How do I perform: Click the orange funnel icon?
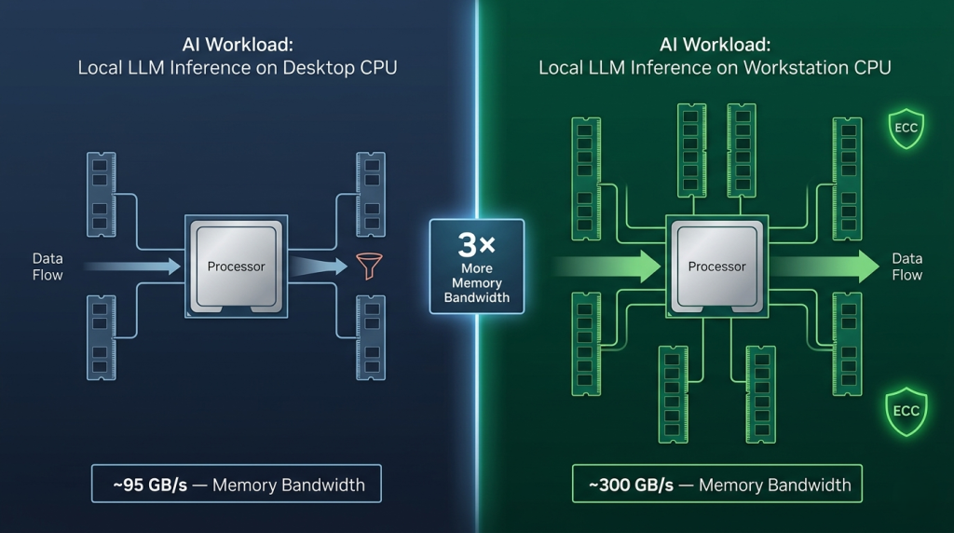point(364,266)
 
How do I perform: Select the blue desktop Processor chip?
point(236,266)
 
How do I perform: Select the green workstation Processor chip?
point(716,266)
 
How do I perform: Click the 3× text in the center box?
point(476,246)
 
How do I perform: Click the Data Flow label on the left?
point(48,266)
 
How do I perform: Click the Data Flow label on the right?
point(906,266)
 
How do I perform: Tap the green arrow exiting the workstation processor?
point(825,266)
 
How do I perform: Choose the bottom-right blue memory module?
point(371,337)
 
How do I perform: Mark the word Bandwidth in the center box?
point(476,298)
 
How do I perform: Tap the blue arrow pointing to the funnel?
point(317,266)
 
